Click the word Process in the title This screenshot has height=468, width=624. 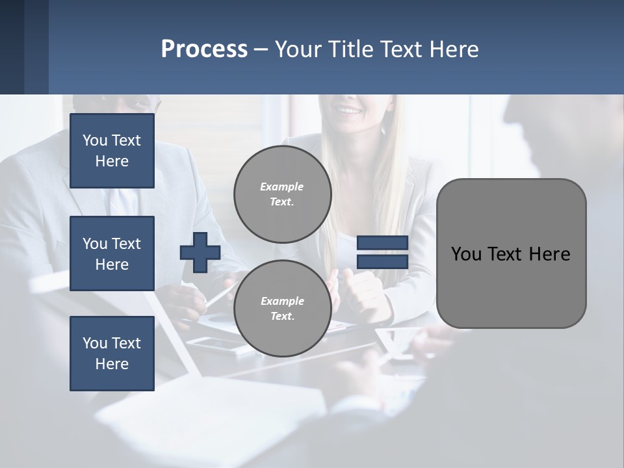pos(204,49)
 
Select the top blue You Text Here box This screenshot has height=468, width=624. pos(112,151)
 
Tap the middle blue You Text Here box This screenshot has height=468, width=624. pos(112,253)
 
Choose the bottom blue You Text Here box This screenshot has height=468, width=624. pos(112,354)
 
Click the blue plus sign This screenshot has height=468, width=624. pos(200,252)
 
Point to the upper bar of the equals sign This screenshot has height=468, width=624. pos(383,243)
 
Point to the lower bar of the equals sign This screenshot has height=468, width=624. pos(383,262)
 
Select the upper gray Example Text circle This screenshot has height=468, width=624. pos(282,194)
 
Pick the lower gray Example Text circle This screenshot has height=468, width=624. pos(282,309)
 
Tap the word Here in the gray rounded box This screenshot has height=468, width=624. pos(549,254)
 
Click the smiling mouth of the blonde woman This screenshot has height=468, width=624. pos(350,111)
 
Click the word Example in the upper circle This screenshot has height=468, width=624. pos(282,187)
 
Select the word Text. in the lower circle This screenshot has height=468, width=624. pos(282,317)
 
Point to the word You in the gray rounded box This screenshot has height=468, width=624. pos(465,254)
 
